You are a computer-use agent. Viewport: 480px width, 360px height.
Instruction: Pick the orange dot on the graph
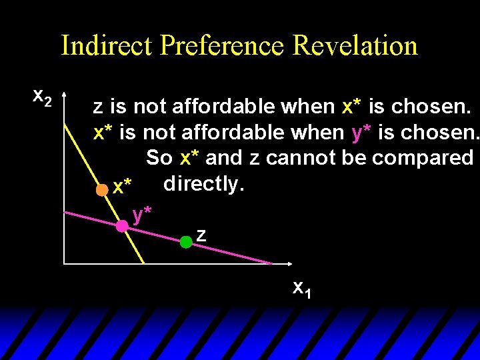[101, 189]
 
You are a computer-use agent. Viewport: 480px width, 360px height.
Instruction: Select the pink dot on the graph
[122, 226]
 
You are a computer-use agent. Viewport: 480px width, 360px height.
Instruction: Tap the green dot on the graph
[186, 242]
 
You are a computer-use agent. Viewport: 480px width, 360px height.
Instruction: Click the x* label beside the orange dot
[122, 187]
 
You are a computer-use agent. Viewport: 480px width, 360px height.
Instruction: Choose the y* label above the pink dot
[142, 214]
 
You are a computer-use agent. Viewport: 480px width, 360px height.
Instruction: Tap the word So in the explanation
[158, 158]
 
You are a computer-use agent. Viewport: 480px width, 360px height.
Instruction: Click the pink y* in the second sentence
[361, 132]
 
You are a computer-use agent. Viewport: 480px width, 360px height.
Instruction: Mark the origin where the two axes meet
[64, 264]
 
